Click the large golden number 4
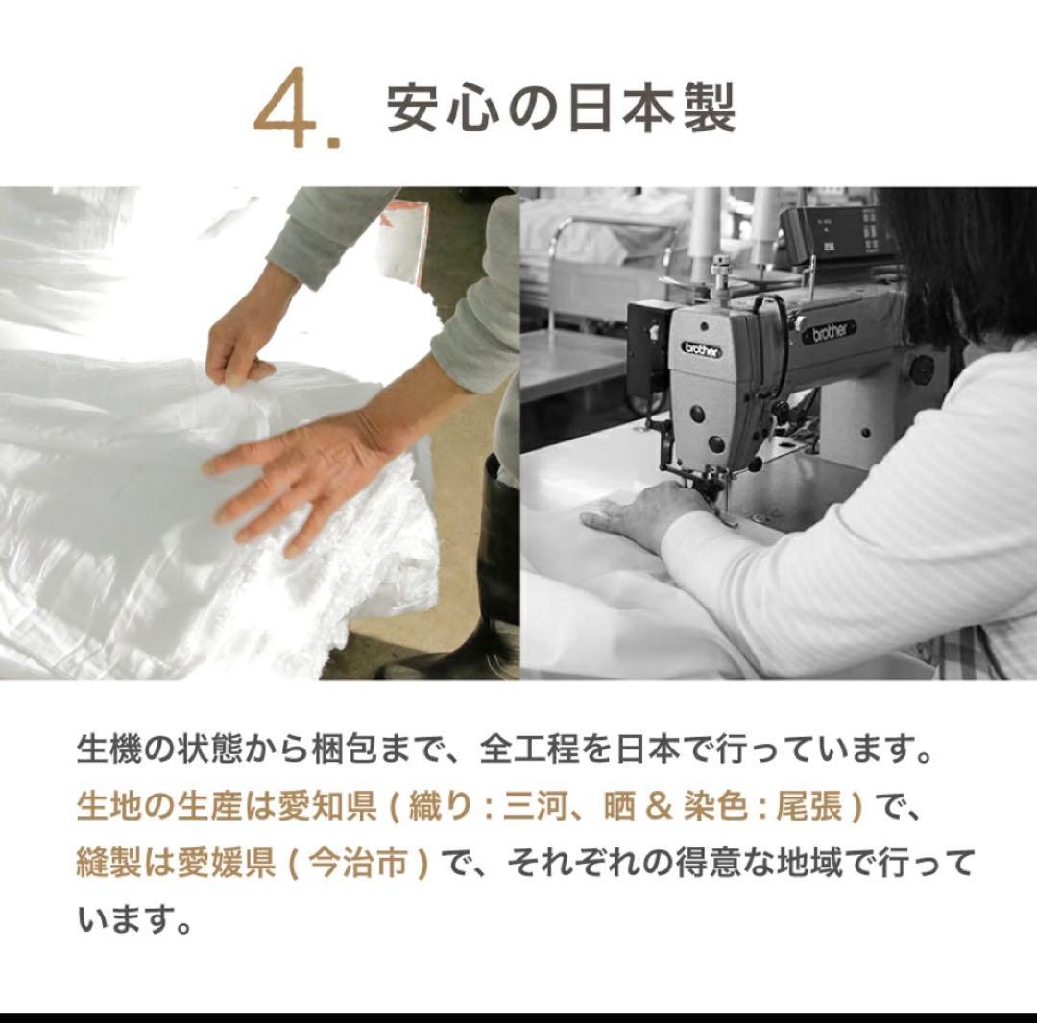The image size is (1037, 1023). point(291,113)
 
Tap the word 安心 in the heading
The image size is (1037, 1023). point(441,108)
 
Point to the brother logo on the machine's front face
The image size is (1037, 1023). point(702,349)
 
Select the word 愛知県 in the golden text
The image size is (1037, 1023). point(324,807)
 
